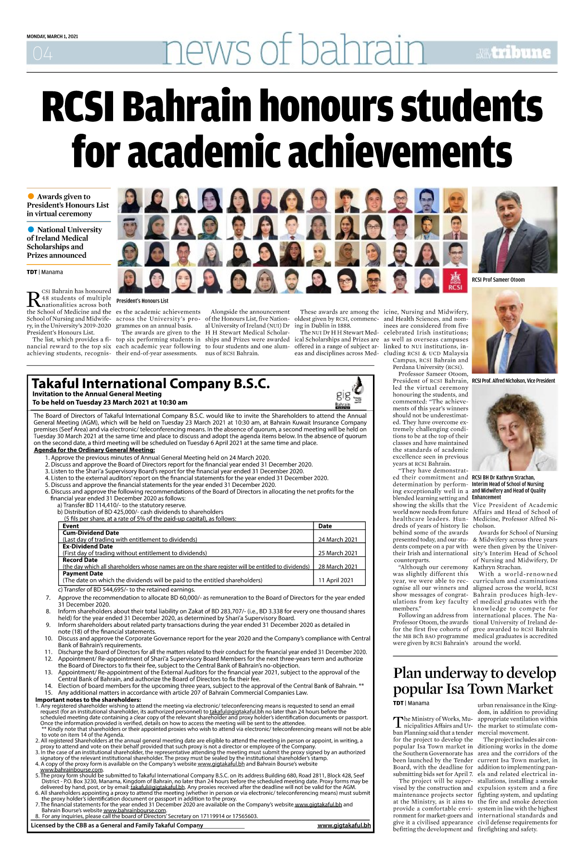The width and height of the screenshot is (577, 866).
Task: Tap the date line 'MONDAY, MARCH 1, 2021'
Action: click(52, 37)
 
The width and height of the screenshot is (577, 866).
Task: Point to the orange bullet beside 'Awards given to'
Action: click(31, 196)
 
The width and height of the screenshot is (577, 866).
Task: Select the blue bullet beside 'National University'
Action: click(31, 229)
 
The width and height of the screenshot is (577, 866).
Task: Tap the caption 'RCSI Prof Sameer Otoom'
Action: click(498, 280)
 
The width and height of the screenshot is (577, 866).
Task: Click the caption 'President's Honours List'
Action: click(142, 301)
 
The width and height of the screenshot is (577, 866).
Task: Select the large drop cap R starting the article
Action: click(34, 299)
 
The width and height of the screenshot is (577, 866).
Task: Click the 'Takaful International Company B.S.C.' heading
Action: click(151, 383)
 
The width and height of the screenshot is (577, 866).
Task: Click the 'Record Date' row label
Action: click(80, 560)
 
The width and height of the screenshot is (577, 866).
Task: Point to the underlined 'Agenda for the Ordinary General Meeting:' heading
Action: click(94, 450)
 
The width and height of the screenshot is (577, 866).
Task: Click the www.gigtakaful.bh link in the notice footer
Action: click(344, 825)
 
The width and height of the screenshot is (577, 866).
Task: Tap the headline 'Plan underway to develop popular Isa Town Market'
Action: click(474, 681)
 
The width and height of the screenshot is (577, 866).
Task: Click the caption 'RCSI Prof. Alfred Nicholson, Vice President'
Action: click(513, 381)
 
